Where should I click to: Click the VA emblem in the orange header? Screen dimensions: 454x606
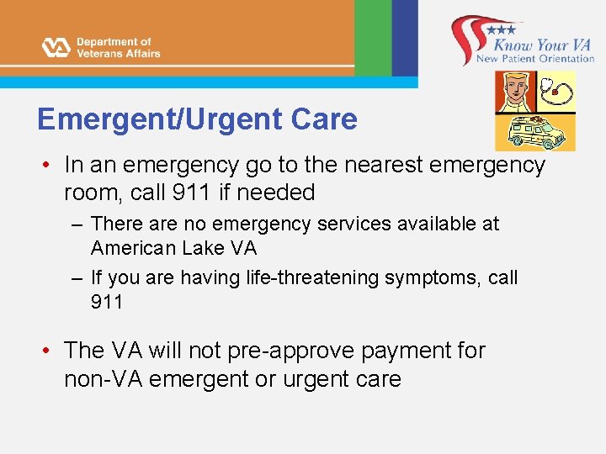(x=56, y=47)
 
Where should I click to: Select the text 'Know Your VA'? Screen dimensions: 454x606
(x=543, y=44)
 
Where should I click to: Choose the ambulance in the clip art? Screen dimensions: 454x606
(x=533, y=131)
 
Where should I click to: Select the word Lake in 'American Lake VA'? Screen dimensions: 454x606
(x=203, y=248)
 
